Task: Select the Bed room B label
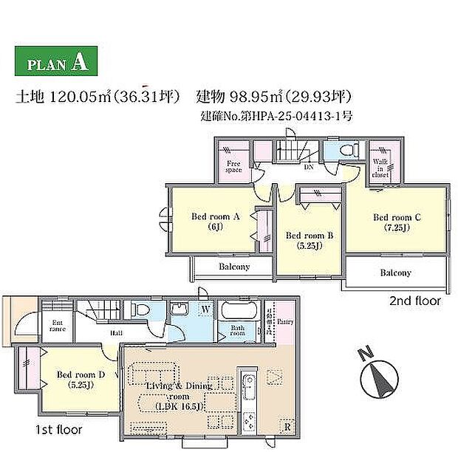pyautogui.click(x=310, y=240)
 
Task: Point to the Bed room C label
pyautogui.click(x=397, y=222)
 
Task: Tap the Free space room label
pyautogui.click(x=234, y=167)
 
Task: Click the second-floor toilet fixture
pyautogui.click(x=349, y=149)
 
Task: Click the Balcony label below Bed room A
pyautogui.click(x=233, y=267)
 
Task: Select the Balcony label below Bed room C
pyautogui.click(x=395, y=273)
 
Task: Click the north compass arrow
pyautogui.click(x=382, y=377)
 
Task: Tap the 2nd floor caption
pyautogui.click(x=414, y=301)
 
